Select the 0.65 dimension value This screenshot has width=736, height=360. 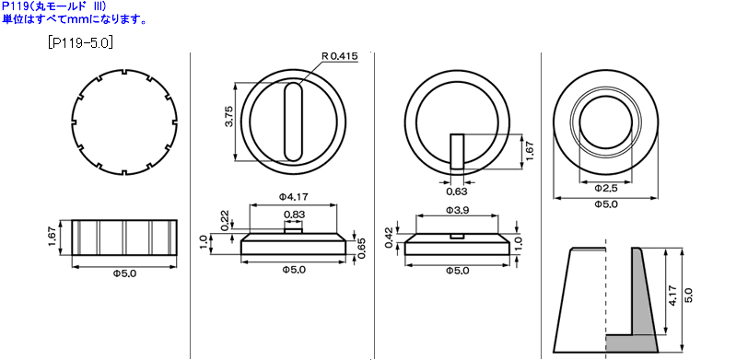362,248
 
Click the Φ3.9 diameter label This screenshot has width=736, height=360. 458,210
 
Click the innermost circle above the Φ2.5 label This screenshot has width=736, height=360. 605,122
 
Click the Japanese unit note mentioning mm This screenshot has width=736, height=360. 73,18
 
